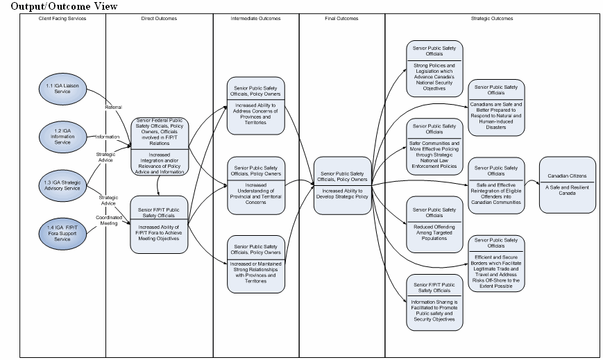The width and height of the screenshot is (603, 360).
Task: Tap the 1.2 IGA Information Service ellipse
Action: click(x=62, y=134)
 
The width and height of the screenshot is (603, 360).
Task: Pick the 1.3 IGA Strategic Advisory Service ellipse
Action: click(x=62, y=185)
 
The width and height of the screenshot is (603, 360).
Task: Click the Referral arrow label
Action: click(x=112, y=108)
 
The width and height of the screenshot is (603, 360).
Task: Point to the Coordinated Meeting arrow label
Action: click(x=108, y=220)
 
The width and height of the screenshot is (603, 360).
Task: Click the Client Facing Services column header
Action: click(x=62, y=19)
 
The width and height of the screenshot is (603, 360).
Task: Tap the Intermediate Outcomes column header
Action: click(x=255, y=19)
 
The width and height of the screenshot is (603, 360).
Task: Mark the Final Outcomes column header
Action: click(x=341, y=19)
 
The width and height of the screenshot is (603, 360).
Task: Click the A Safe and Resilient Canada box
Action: click(x=568, y=184)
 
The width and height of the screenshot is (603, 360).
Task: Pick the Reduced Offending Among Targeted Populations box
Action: click(x=434, y=224)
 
